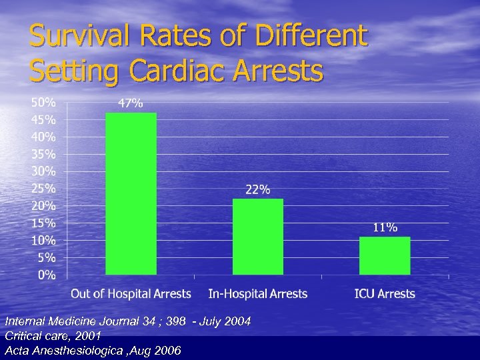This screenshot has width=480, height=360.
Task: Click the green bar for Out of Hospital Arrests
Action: click(x=131, y=193)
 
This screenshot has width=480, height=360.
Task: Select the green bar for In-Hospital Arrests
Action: click(x=257, y=237)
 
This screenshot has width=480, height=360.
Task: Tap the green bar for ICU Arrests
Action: click(x=385, y=255)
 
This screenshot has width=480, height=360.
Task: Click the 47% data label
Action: click(x=130, y=103)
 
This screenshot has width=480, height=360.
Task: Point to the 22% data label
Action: click(x=257, y=189)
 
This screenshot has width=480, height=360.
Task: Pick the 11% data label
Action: click(x=385, y=227)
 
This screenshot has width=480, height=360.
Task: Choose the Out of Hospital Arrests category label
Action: click(x=131, y=294)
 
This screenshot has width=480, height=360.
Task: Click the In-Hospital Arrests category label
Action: click(x=257, y=294)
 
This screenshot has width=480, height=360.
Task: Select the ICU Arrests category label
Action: click(x=385, y=294)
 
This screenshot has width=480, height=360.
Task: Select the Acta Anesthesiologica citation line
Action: click(x=93, y=351)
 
